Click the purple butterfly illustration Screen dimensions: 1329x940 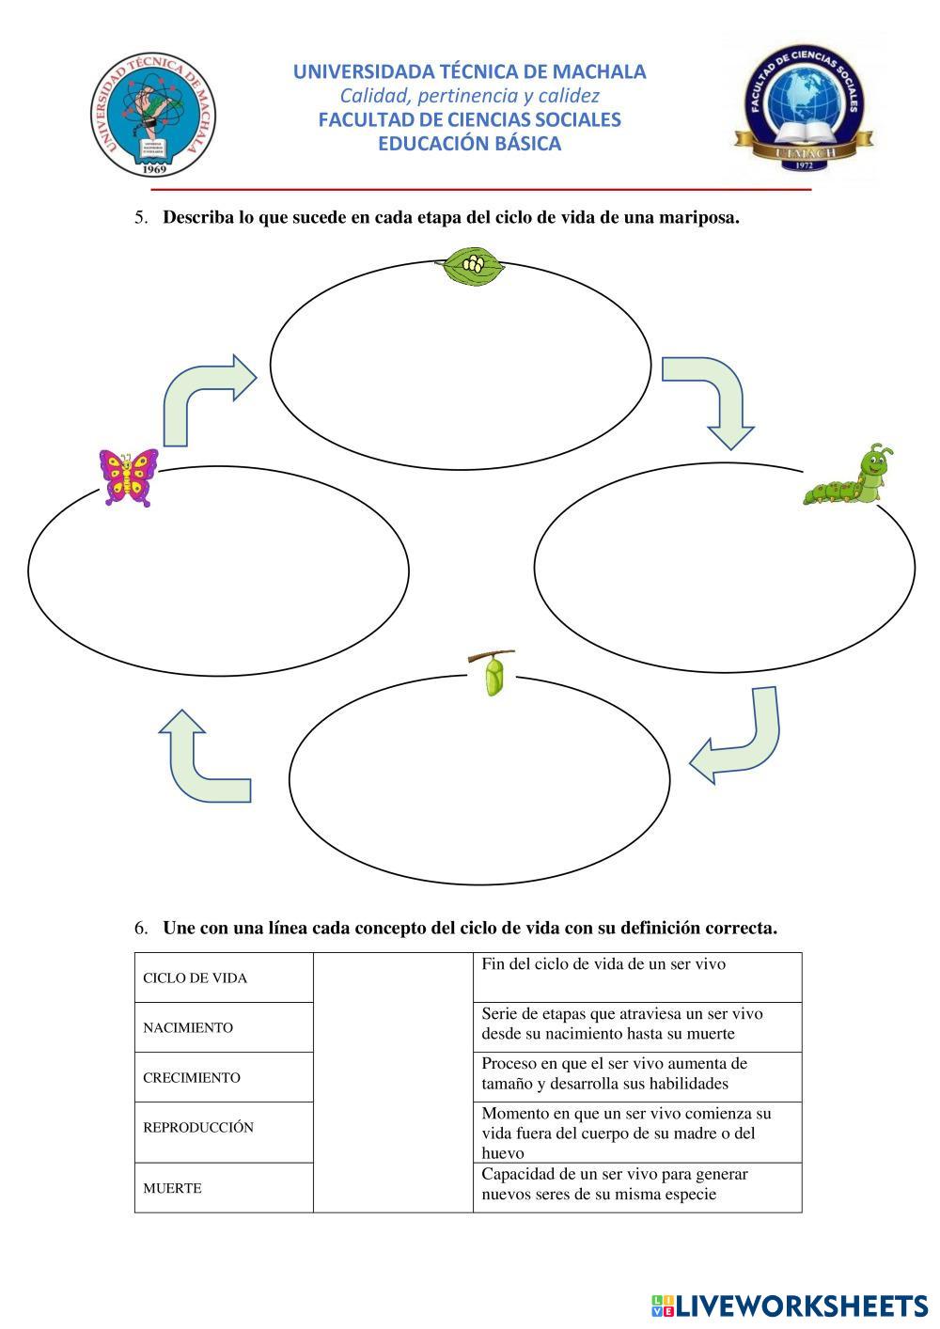(x=129, y=477)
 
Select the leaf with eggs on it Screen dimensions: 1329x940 (x=474, y=267)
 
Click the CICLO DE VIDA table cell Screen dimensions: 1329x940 (x=224, y=977)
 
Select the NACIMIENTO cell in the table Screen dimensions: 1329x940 (x=224, y=1027)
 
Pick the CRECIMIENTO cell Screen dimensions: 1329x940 (x=224, y=1077)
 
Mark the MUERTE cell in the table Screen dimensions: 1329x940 (x=224, y=1188)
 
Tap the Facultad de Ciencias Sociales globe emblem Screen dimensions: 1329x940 (x=803, y=109)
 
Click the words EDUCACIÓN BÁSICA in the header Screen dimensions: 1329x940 (x=469, y=144)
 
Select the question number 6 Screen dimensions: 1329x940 (x=141, y=929)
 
